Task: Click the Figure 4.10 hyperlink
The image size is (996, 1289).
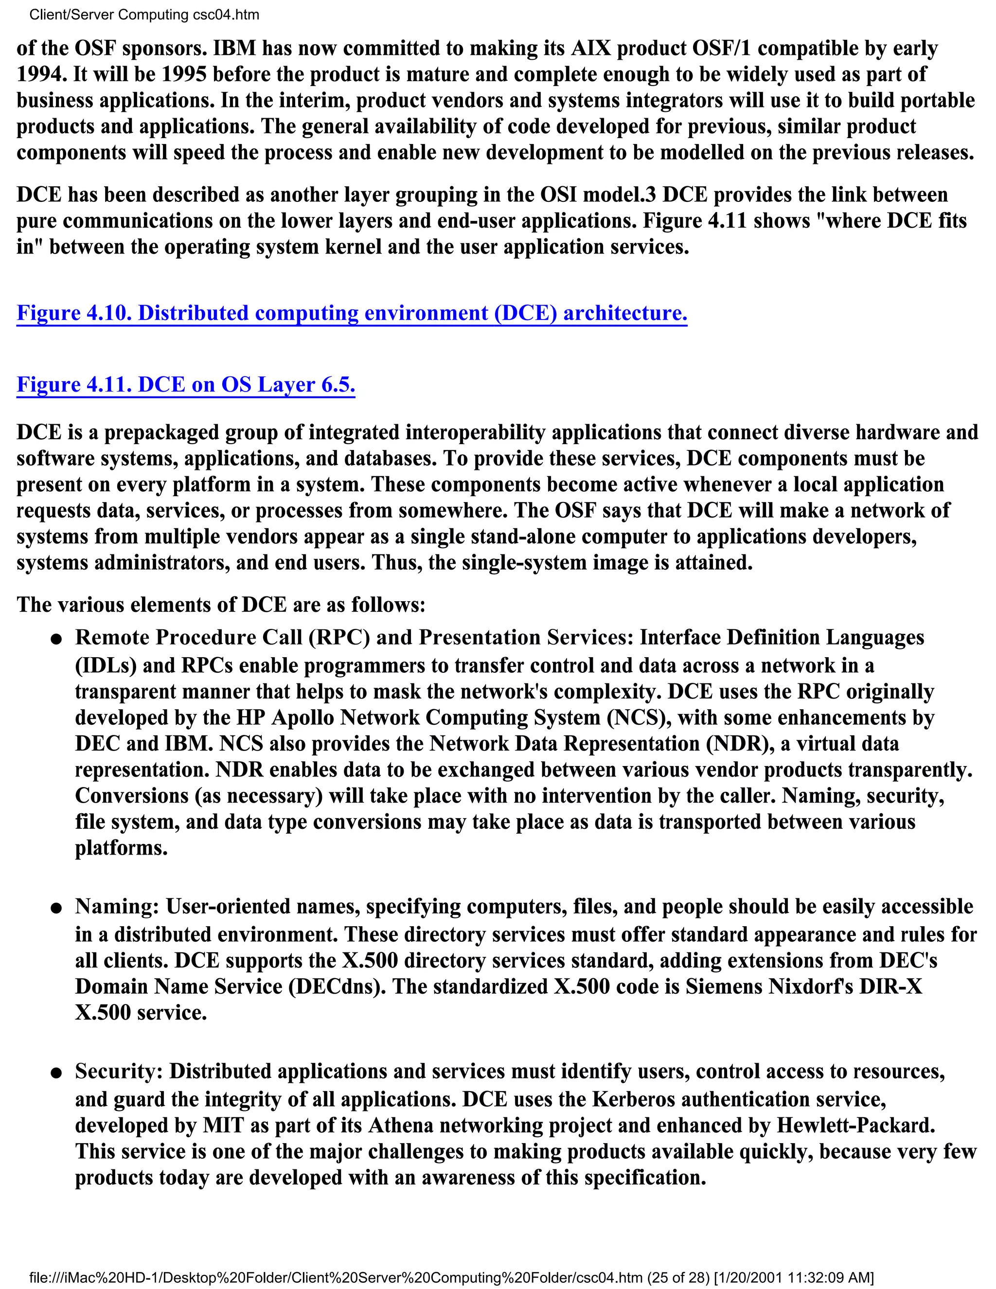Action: (x=352, y=313)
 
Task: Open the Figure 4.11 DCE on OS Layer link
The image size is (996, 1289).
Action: (x=185, y=384)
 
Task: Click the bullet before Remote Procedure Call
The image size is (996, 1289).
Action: (x=56, y=639)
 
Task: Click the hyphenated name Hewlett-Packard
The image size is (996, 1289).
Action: (x=855, y=1125)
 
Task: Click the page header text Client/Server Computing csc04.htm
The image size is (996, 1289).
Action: (x=144, y=15)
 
